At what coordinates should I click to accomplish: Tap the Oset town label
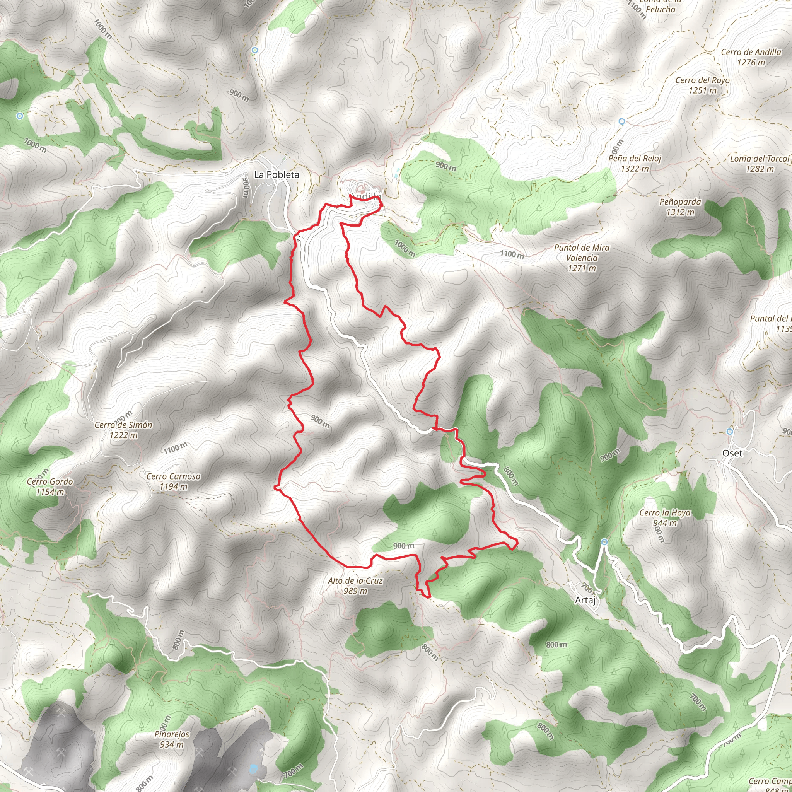point(732,453)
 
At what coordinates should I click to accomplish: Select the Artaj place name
point(585,600)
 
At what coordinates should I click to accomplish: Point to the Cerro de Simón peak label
point(123,430)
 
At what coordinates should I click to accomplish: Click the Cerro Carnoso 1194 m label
point(173,481)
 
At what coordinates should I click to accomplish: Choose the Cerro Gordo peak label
point(50,486)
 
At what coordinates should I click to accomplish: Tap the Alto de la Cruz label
point(355,585)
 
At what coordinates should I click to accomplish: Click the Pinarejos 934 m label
point(172,739)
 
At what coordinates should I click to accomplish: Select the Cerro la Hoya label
point(665,518)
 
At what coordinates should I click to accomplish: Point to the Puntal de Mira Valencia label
point(582,258)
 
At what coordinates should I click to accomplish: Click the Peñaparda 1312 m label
point(680,207)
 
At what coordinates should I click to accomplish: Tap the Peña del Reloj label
point(635,163)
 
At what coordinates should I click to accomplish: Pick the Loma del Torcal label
point(760,164)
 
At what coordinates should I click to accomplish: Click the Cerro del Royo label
point(703,85)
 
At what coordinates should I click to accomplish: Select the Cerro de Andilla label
point(751,57)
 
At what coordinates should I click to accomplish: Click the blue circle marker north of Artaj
point(604,542)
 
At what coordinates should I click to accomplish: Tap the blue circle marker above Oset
point(729,431)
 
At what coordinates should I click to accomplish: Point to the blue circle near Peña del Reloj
point(622,121)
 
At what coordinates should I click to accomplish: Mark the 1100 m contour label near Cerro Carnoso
point(176,449)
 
